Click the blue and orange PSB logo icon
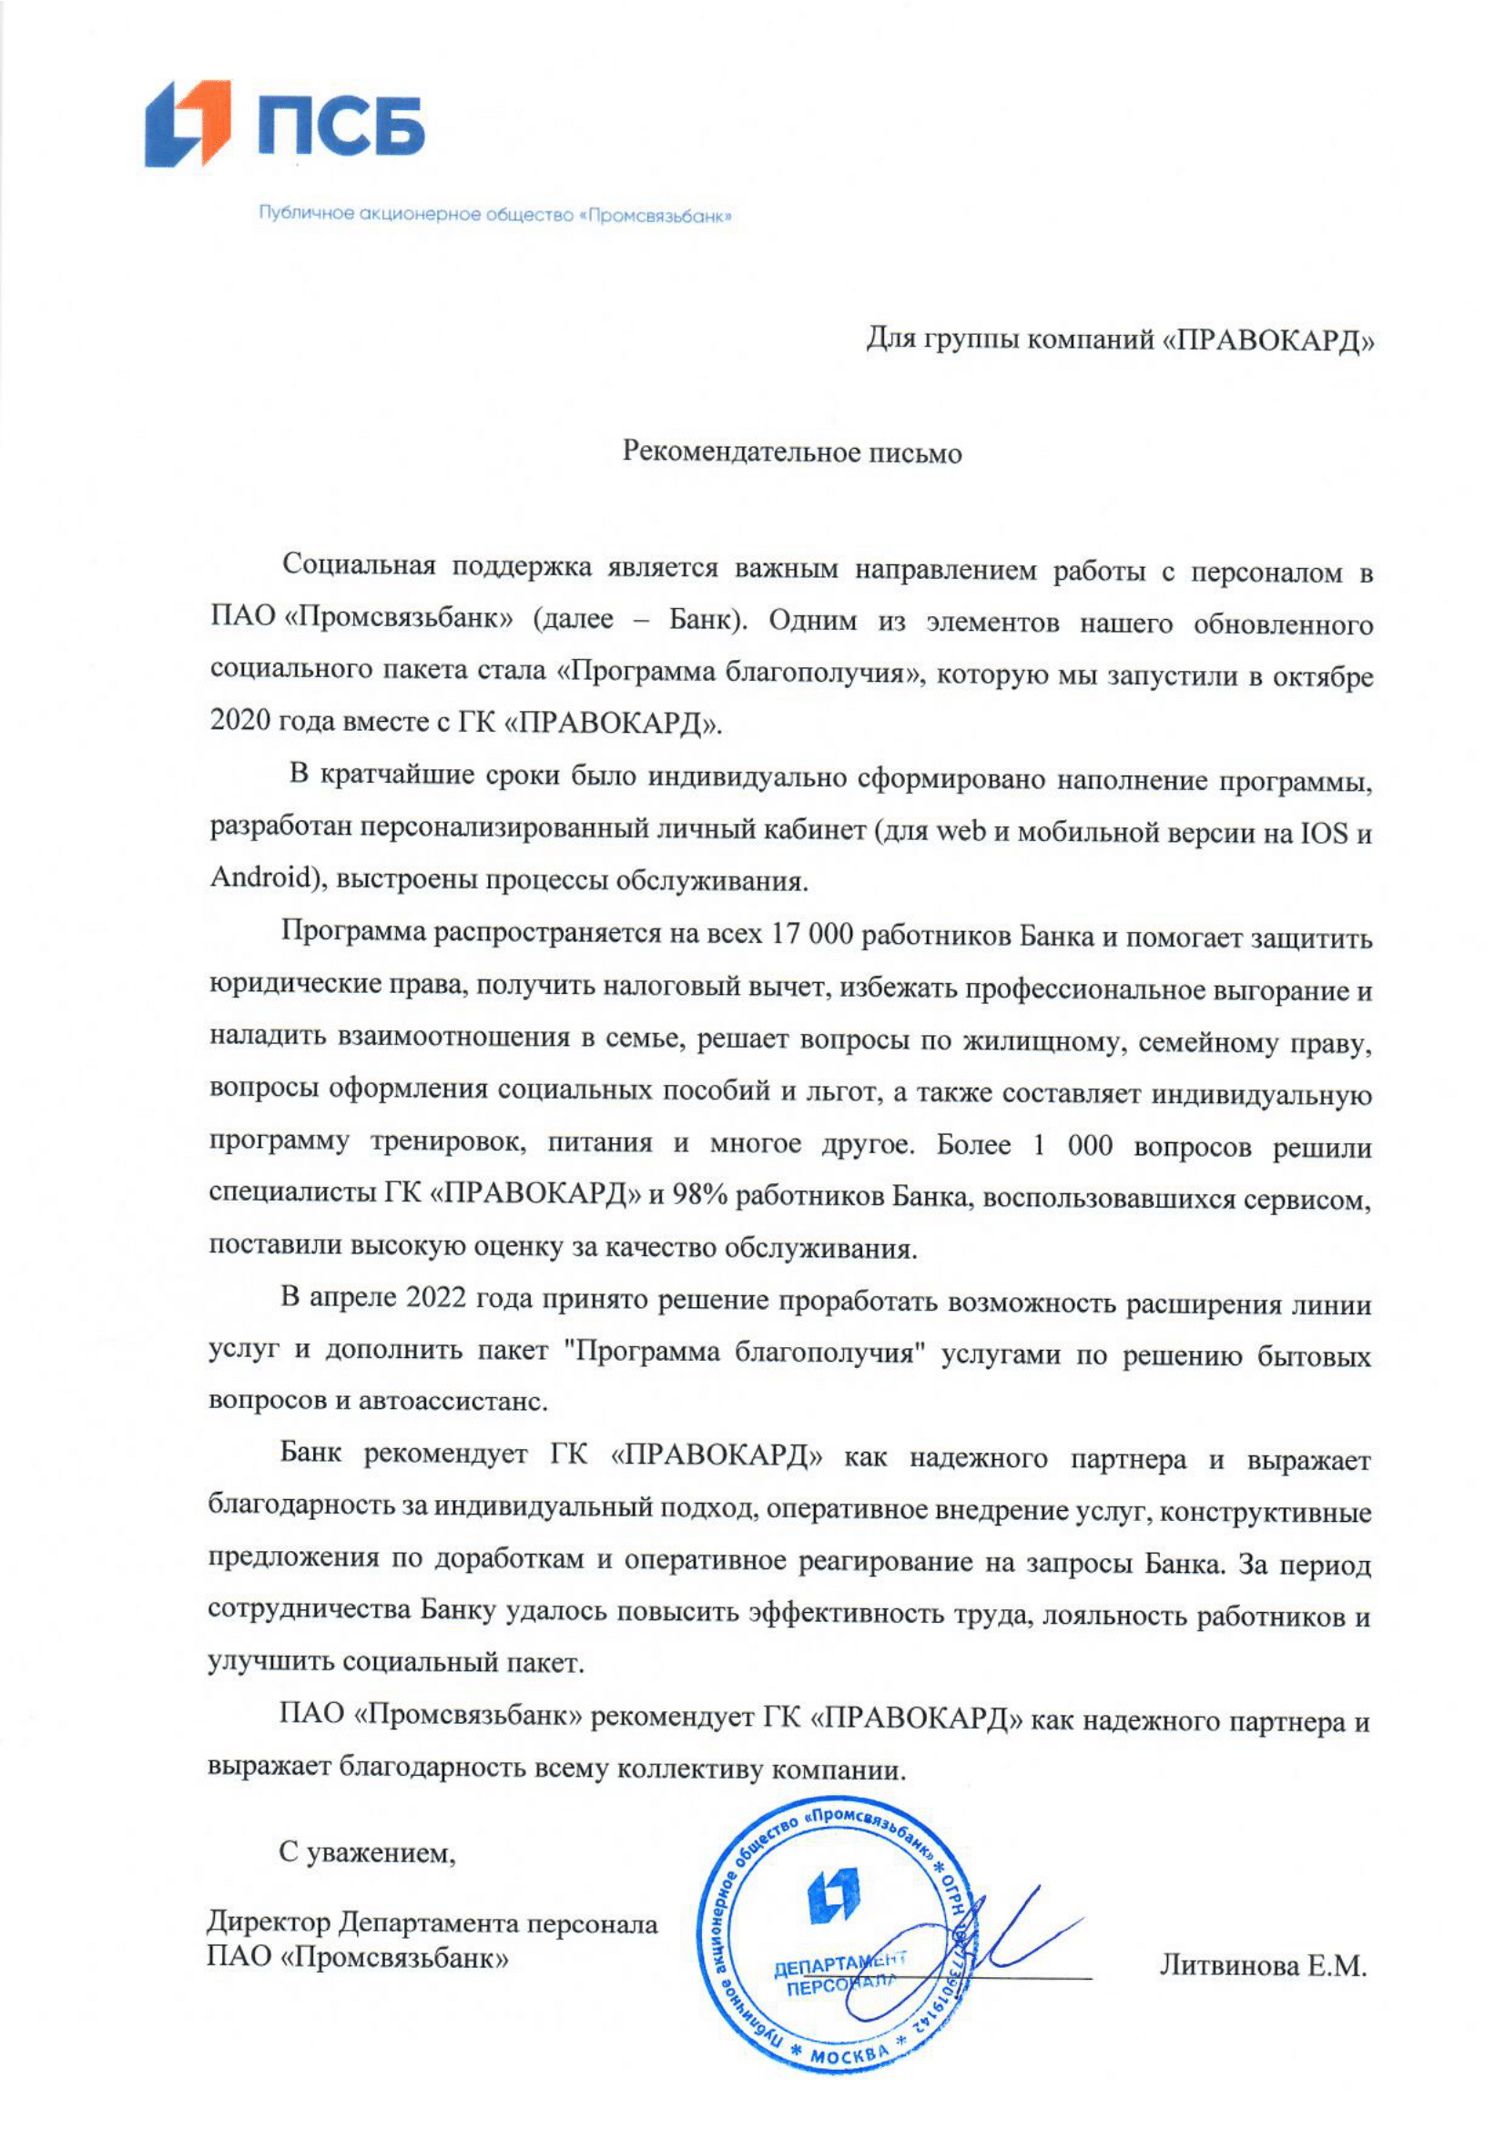tap(188, 123)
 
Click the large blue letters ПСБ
tap(341, 125)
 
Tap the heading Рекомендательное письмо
tap(792, 452)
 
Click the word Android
tap(259, 877)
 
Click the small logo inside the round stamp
tap(834, 1894)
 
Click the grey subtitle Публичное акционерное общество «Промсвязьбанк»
tap(495, 216)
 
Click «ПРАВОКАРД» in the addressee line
tap(1267, 340)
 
